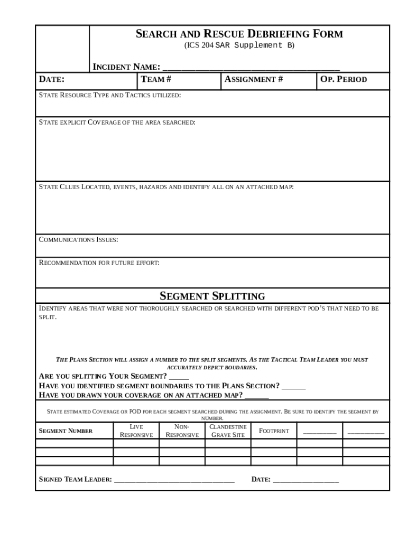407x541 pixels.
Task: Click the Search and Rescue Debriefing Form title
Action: click(x=239, y=34)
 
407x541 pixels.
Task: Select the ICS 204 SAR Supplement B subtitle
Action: click(x=239, y=45)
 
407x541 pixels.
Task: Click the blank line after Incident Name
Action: click(x=251, y=68)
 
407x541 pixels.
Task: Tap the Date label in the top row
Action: click(x=52, y=80)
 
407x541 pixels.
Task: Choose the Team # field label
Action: click(x=156, y=80)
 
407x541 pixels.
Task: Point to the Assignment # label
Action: click(x=254, y=80)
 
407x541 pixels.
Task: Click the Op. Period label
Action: click(x=344, y=80)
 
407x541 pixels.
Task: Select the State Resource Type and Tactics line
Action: click(x=110, y=95)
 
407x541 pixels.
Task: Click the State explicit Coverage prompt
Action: click(x=117, y=122)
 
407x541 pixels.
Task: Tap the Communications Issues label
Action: click(x=79, y=240)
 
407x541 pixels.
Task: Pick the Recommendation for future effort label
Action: click(x=99, y=263)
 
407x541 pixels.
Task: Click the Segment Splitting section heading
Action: click(x=212, y=296)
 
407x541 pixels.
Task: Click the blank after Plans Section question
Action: click(x=294, y=387)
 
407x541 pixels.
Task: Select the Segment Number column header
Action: click(x=66, y=431)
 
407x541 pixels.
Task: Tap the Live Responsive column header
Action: click(x=136, y=431)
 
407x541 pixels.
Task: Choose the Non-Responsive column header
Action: click(x=182, y=431)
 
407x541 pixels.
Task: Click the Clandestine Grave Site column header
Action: click(x=228, y=431)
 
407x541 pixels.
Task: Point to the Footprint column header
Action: click(x=274, y=431)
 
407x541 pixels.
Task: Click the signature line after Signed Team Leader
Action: click(x=174, y=480)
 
